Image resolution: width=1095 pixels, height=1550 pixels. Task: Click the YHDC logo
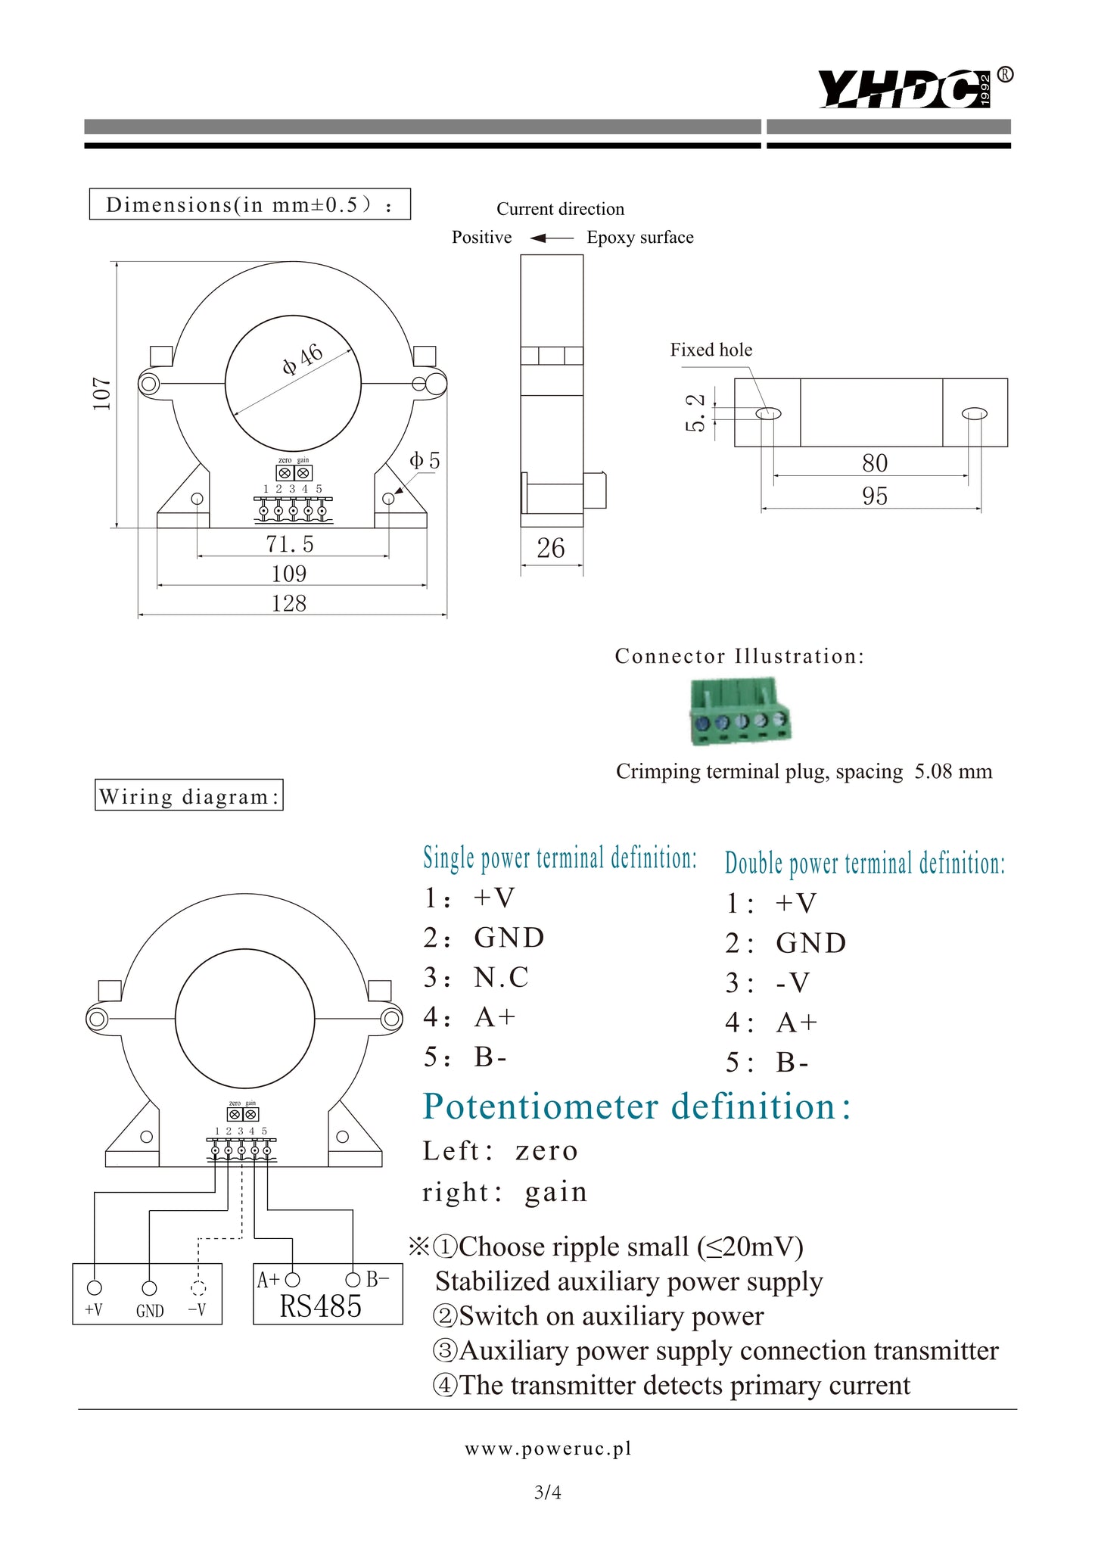pyautogui.click(x=905, y=89)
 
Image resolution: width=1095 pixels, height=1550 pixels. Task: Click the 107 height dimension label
pyautogui.click(x=102, y=394)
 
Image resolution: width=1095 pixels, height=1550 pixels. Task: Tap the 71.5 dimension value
pyautogui.click(x=289, y=544)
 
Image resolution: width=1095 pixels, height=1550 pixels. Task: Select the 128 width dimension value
pyautogui.click(x=289, y=603)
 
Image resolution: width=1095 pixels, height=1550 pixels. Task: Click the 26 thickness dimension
pyautogui.click(x=551, y=548)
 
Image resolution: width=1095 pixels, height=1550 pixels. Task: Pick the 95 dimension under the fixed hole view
pyautogui.click(x=874, y=496)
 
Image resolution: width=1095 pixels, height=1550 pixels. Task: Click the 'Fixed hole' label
pyautogui.click(x=711, y=350)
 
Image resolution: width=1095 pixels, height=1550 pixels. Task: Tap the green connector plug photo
pyautogui.click(x=739, y=711)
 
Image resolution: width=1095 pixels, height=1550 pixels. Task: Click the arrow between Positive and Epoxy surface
pyautogui.click(x=551, y=238)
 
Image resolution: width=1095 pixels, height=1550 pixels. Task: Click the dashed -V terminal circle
pyautogui.click(x=198, y=1288)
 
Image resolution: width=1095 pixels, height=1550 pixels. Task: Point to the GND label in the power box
pyautogui.click(x=150, y=1311)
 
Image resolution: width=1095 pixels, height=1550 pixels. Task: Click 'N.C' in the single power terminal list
pyautogui.click(x=501, y=978)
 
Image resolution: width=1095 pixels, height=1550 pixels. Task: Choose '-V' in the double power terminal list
pyautogui.click(x=793, y=983)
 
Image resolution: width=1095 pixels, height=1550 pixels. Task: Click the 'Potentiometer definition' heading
pyautogui.click(x=636, y=1106)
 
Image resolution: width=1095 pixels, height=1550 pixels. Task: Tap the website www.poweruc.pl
pyautogui.click(x=548, y=1449)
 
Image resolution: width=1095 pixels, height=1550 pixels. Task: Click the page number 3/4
pyautogui.click(x=547, y=1492)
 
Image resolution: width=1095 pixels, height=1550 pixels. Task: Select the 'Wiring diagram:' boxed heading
pyautogui.click(x=189, y=795)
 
